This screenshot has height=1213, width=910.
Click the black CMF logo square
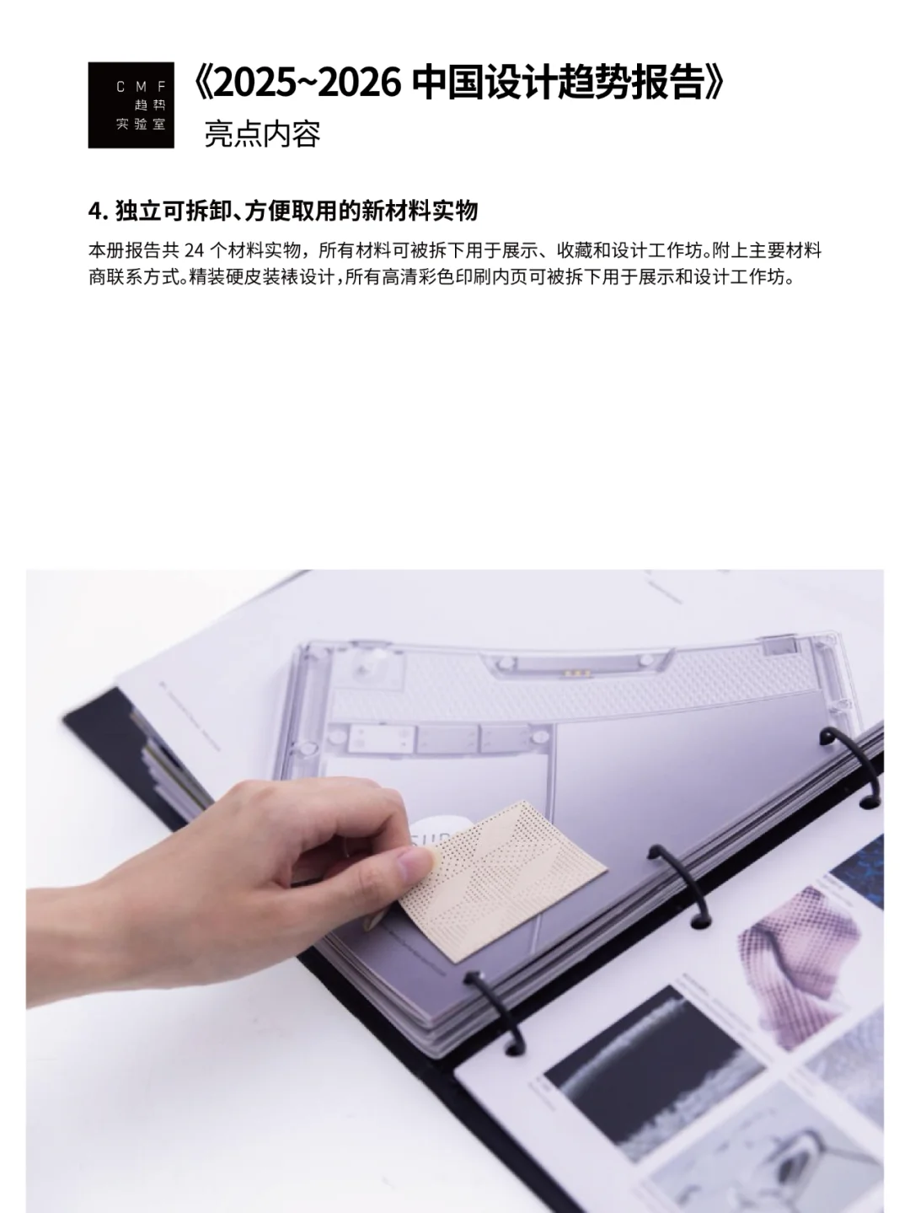coord(131,105)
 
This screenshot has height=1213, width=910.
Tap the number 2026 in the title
coord(355,85)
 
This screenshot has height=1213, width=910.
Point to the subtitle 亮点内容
coord(262,134)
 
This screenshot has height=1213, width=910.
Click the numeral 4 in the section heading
coord(94,211)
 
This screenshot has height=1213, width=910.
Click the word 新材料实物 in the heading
coord(419,211)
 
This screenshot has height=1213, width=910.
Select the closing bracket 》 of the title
coord(715,85)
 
